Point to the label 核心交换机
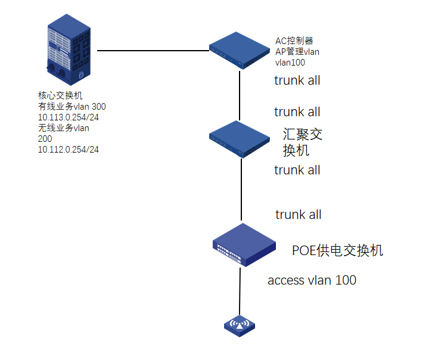[x=60, y=95]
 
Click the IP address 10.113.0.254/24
[x=68, y=117]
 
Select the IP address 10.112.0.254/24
[x=68, y=150]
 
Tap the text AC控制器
[x=294, y=41]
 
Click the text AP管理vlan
[x=297, y=52]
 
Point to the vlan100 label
[x=290, y=62]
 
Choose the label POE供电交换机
[x=337, y=250]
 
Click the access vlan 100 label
[x=312, y=280]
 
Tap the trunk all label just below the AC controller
[x=297, y=80]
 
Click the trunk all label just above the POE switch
[x=298, y=215]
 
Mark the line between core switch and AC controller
[x=152, y=51]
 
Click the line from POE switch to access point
[x=240, y=292]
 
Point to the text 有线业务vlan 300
[x=72, y=106]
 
